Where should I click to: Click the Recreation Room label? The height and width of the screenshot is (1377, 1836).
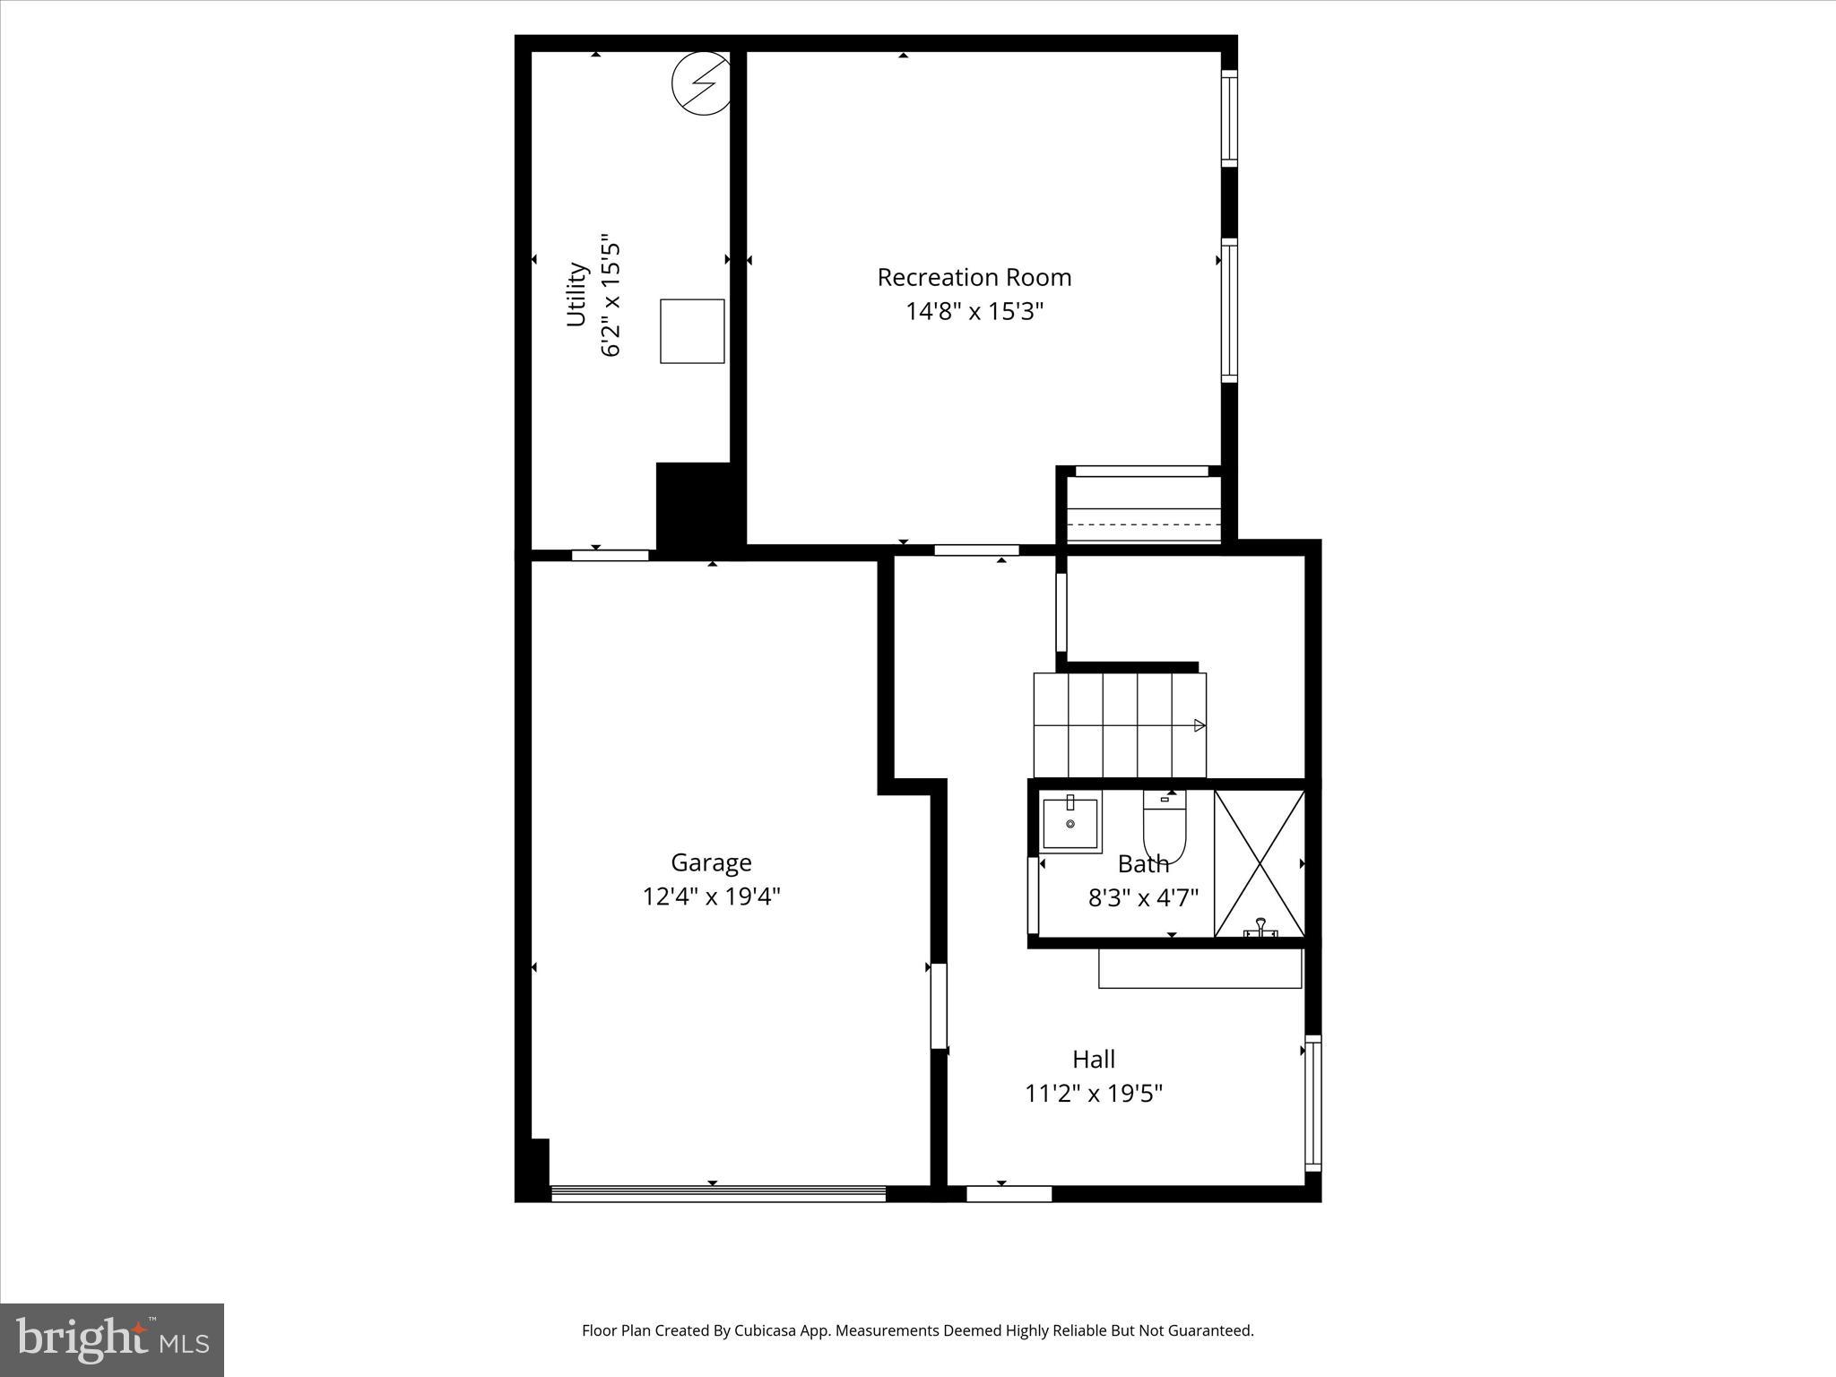click(974, 278)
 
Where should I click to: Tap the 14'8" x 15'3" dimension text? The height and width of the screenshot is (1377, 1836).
click(974, 312)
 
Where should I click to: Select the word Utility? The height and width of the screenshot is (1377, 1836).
click(576, 294)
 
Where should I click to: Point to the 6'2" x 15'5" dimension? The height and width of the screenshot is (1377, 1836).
click(611, 299)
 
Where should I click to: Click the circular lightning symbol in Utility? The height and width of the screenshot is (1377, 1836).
click(701, 83)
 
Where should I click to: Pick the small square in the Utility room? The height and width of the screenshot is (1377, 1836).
click(692, 331)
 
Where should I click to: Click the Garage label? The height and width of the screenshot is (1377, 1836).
click(711, 862)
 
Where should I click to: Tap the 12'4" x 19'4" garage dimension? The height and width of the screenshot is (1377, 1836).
click(711, 896)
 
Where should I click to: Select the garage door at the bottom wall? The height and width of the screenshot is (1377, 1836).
click(717, 1192)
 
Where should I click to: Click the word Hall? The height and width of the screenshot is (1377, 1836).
click(1094, 1060)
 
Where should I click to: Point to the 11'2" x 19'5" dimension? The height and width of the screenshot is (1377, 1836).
click(1094, 1094)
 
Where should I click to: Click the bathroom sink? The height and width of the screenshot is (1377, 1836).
click(1070, 823)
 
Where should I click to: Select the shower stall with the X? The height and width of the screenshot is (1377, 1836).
click(1260, 863)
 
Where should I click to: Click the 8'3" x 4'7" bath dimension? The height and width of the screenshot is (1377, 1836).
click(1143, 897)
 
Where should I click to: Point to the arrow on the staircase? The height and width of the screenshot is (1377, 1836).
click(1199, 725)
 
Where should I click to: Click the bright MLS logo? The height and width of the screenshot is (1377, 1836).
click(112, 1339)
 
